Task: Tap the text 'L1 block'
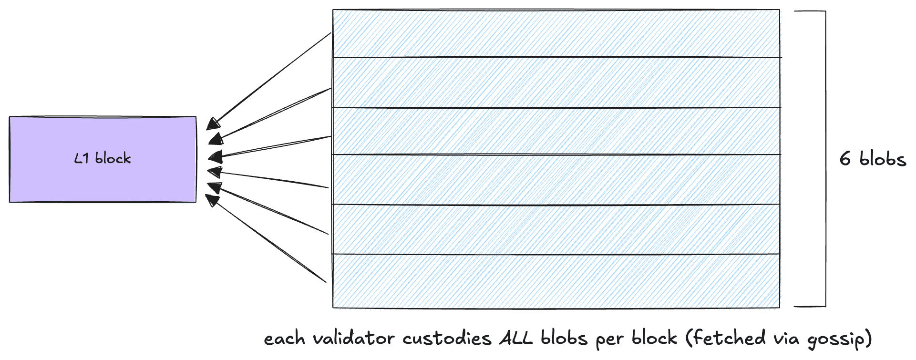click(x=103, y=158)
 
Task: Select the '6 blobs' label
click(x=873, y=159)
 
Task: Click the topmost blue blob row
click(x=556, y=33)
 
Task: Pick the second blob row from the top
click(x=556, y=82)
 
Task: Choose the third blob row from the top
click(x=556, y=131)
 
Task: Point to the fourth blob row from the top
click(x=556, y=180)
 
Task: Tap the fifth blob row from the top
click(x=556, y=229)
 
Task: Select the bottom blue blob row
click(x=556, y=281)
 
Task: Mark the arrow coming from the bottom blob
click(x=267, y=238)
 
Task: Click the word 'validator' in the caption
click(x=353, y=339)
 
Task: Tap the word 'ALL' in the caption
click(x=515, y=339)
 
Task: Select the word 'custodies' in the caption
click(x=447, y=339)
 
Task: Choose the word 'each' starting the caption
click(x=284, y=339)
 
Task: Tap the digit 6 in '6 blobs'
click(x=845, y=159)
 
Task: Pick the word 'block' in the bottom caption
click(x=654, y=339)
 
